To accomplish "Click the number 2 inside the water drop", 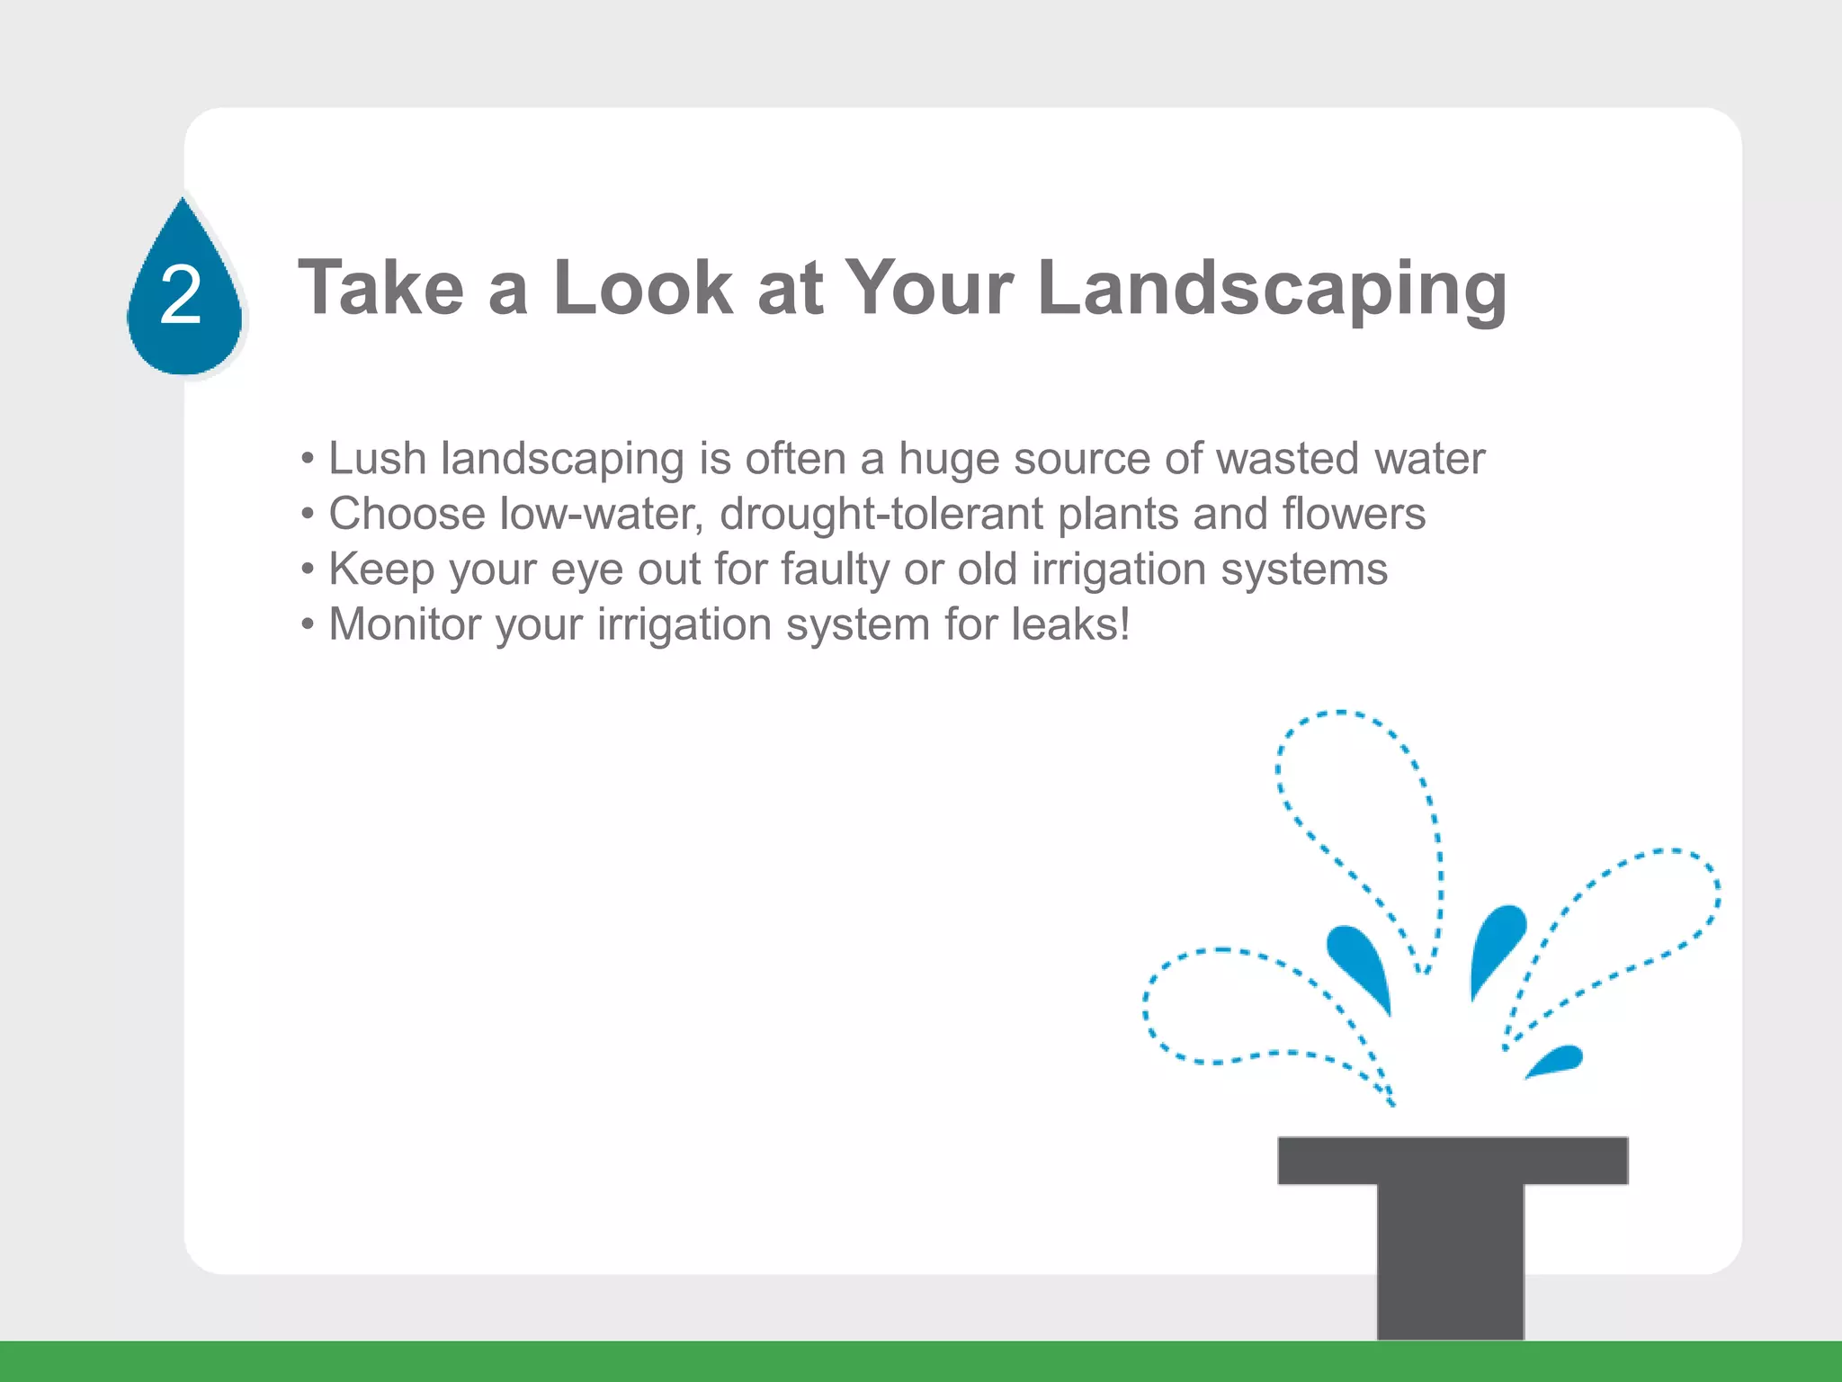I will (181, 296).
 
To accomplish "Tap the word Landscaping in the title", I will (1272, 290).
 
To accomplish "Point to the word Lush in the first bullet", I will (377, 458).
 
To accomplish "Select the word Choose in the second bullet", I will (407, 515).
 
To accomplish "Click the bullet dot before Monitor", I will (308, 624).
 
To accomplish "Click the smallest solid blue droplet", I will (1556, 1060).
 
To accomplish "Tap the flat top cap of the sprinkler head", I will (1453, 1161).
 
